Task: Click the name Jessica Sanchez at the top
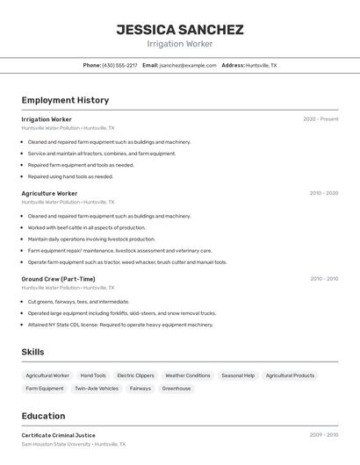pos(180,29)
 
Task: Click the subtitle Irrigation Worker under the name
pos(180,44)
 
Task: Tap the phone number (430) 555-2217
pos(119,65)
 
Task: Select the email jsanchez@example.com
pos(187,65)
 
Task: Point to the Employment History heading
pos(65,100)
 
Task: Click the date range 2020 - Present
pos(320,118)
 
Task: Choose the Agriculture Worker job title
pos(49,193)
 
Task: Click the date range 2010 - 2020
pos(323,193)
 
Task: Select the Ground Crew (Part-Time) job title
pos(58,279)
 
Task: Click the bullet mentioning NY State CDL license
pos(120,325)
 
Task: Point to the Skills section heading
pos(32,352)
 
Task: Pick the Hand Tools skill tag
pos(93,376)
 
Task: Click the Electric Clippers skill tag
pos(135,376)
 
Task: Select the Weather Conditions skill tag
pos(188,376)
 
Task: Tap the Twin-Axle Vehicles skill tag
pos(97,388)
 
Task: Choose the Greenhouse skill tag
pos(176,388)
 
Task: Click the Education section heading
pos(43,416)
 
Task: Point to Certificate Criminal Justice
pos(58,435)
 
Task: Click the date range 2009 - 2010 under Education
pos(323,435)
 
